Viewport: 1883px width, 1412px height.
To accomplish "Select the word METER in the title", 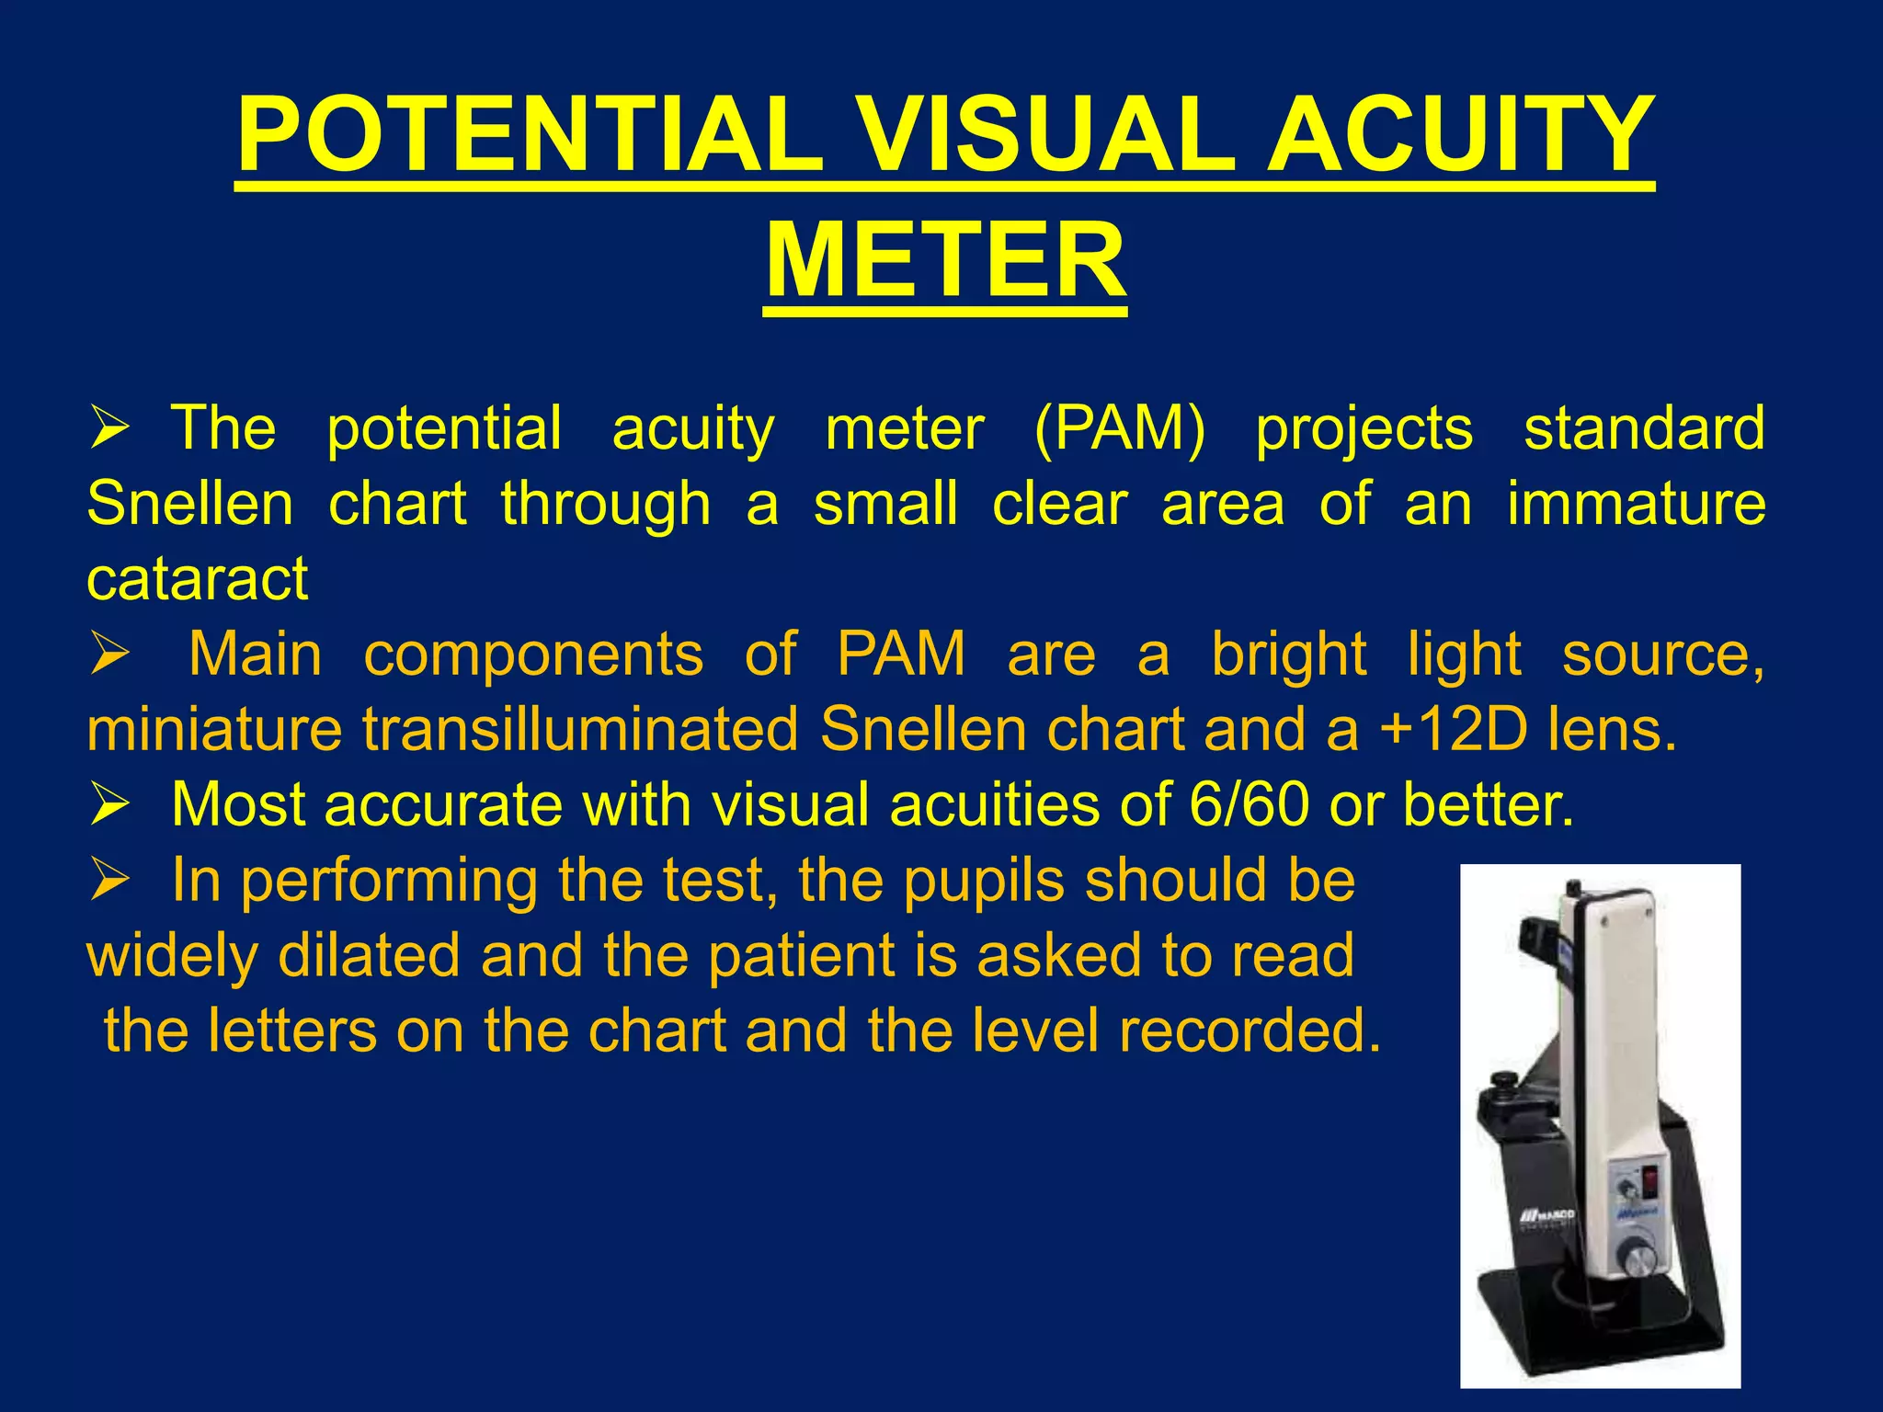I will point(945,261).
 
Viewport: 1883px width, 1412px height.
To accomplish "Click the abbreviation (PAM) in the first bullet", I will point(1119,428).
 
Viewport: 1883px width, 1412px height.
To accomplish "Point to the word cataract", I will point(197,579).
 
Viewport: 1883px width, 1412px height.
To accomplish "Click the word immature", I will point(1636,504).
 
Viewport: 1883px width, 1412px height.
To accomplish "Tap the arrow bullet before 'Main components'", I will point(109,655).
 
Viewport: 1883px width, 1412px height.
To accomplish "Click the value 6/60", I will point(1249,805).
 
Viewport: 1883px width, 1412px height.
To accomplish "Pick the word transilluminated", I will point(580,730).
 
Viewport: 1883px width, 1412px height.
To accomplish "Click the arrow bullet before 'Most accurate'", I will point(109,805).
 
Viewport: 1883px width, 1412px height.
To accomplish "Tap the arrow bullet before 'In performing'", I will point(109,881).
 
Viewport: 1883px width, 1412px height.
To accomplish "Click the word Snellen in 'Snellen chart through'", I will point(189,504).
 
